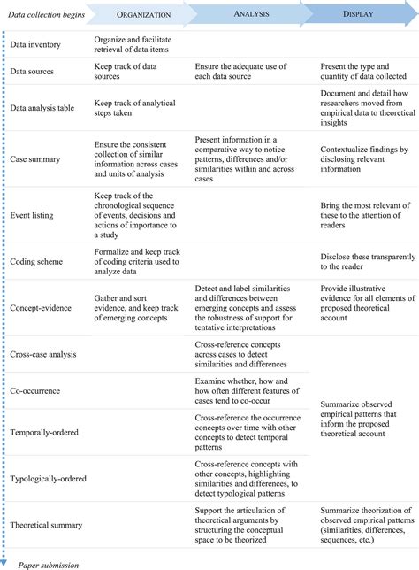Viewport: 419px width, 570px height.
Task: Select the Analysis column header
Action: pyautogui.click(x=251, y=14)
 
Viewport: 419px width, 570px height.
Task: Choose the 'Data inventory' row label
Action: pyautogui.click(x=37, y=42)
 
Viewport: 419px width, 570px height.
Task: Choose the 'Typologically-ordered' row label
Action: pyautogui.click(x=51, y=479)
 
